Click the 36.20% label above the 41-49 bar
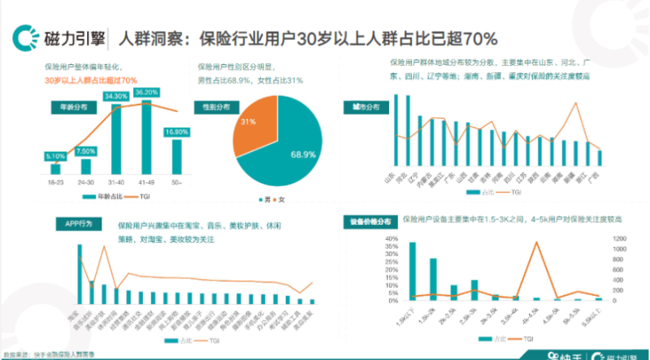146,93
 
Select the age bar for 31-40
116,138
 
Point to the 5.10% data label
55,156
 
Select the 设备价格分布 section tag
366,220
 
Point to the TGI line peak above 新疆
576,103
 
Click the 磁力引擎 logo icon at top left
21,37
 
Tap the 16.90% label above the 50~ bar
176,132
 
